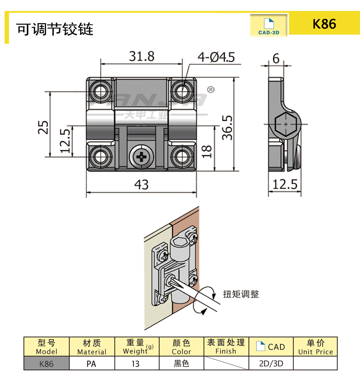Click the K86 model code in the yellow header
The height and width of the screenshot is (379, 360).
324,24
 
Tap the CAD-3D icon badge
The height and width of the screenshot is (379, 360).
268,26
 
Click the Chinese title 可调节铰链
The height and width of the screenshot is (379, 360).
55,29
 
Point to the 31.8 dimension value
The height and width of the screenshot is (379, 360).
142,56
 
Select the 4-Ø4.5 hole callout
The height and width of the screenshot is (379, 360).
216,57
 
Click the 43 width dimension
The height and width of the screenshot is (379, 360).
141,184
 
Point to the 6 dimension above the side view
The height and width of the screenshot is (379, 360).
276,58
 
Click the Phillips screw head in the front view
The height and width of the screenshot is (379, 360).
141,157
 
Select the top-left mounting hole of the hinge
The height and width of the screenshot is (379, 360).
100,90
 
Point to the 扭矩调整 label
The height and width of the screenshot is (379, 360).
241,294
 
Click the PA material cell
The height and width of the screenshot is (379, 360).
91,364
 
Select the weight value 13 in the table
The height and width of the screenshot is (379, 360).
135,364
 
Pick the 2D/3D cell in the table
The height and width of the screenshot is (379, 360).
271,364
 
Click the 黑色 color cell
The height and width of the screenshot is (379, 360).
181,364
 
